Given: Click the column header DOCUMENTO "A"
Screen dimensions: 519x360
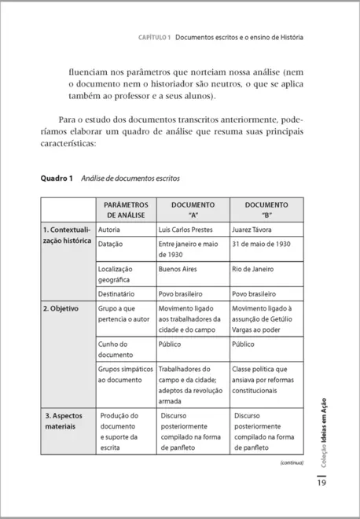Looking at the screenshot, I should point(192,209).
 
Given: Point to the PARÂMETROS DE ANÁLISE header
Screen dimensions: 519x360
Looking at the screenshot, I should point(125,209).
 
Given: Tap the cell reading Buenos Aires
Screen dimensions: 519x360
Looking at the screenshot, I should point(178,268).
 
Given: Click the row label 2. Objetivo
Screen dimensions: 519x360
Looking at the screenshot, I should point(61,308).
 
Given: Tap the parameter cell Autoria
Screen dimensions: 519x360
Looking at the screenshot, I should point(109,229).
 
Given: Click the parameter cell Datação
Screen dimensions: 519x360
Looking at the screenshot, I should point(111,244).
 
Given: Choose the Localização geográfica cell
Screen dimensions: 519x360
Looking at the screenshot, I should point(115,274).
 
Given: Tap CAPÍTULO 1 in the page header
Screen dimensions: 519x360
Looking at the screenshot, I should point(154,37).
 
